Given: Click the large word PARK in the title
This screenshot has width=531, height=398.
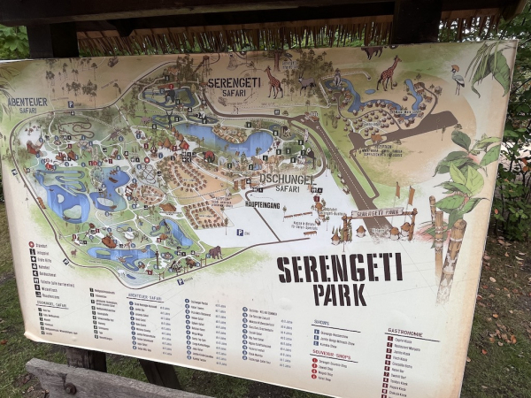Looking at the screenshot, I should pyautogui.click(x=340, y=294).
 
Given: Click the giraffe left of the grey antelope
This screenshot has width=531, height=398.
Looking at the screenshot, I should pyautogui.click(x=274, y=83).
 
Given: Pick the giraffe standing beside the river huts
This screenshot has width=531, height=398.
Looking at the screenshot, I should pyautogui.click(x=388, y=73).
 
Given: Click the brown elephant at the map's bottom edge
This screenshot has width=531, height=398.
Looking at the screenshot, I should pyautogui.click(x=214, y=253).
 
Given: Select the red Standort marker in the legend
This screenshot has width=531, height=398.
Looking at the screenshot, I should pyautogui.click(x=32, y=244).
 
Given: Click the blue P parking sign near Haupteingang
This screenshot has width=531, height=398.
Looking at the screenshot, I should pyautogui.click(x=240, y=232).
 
